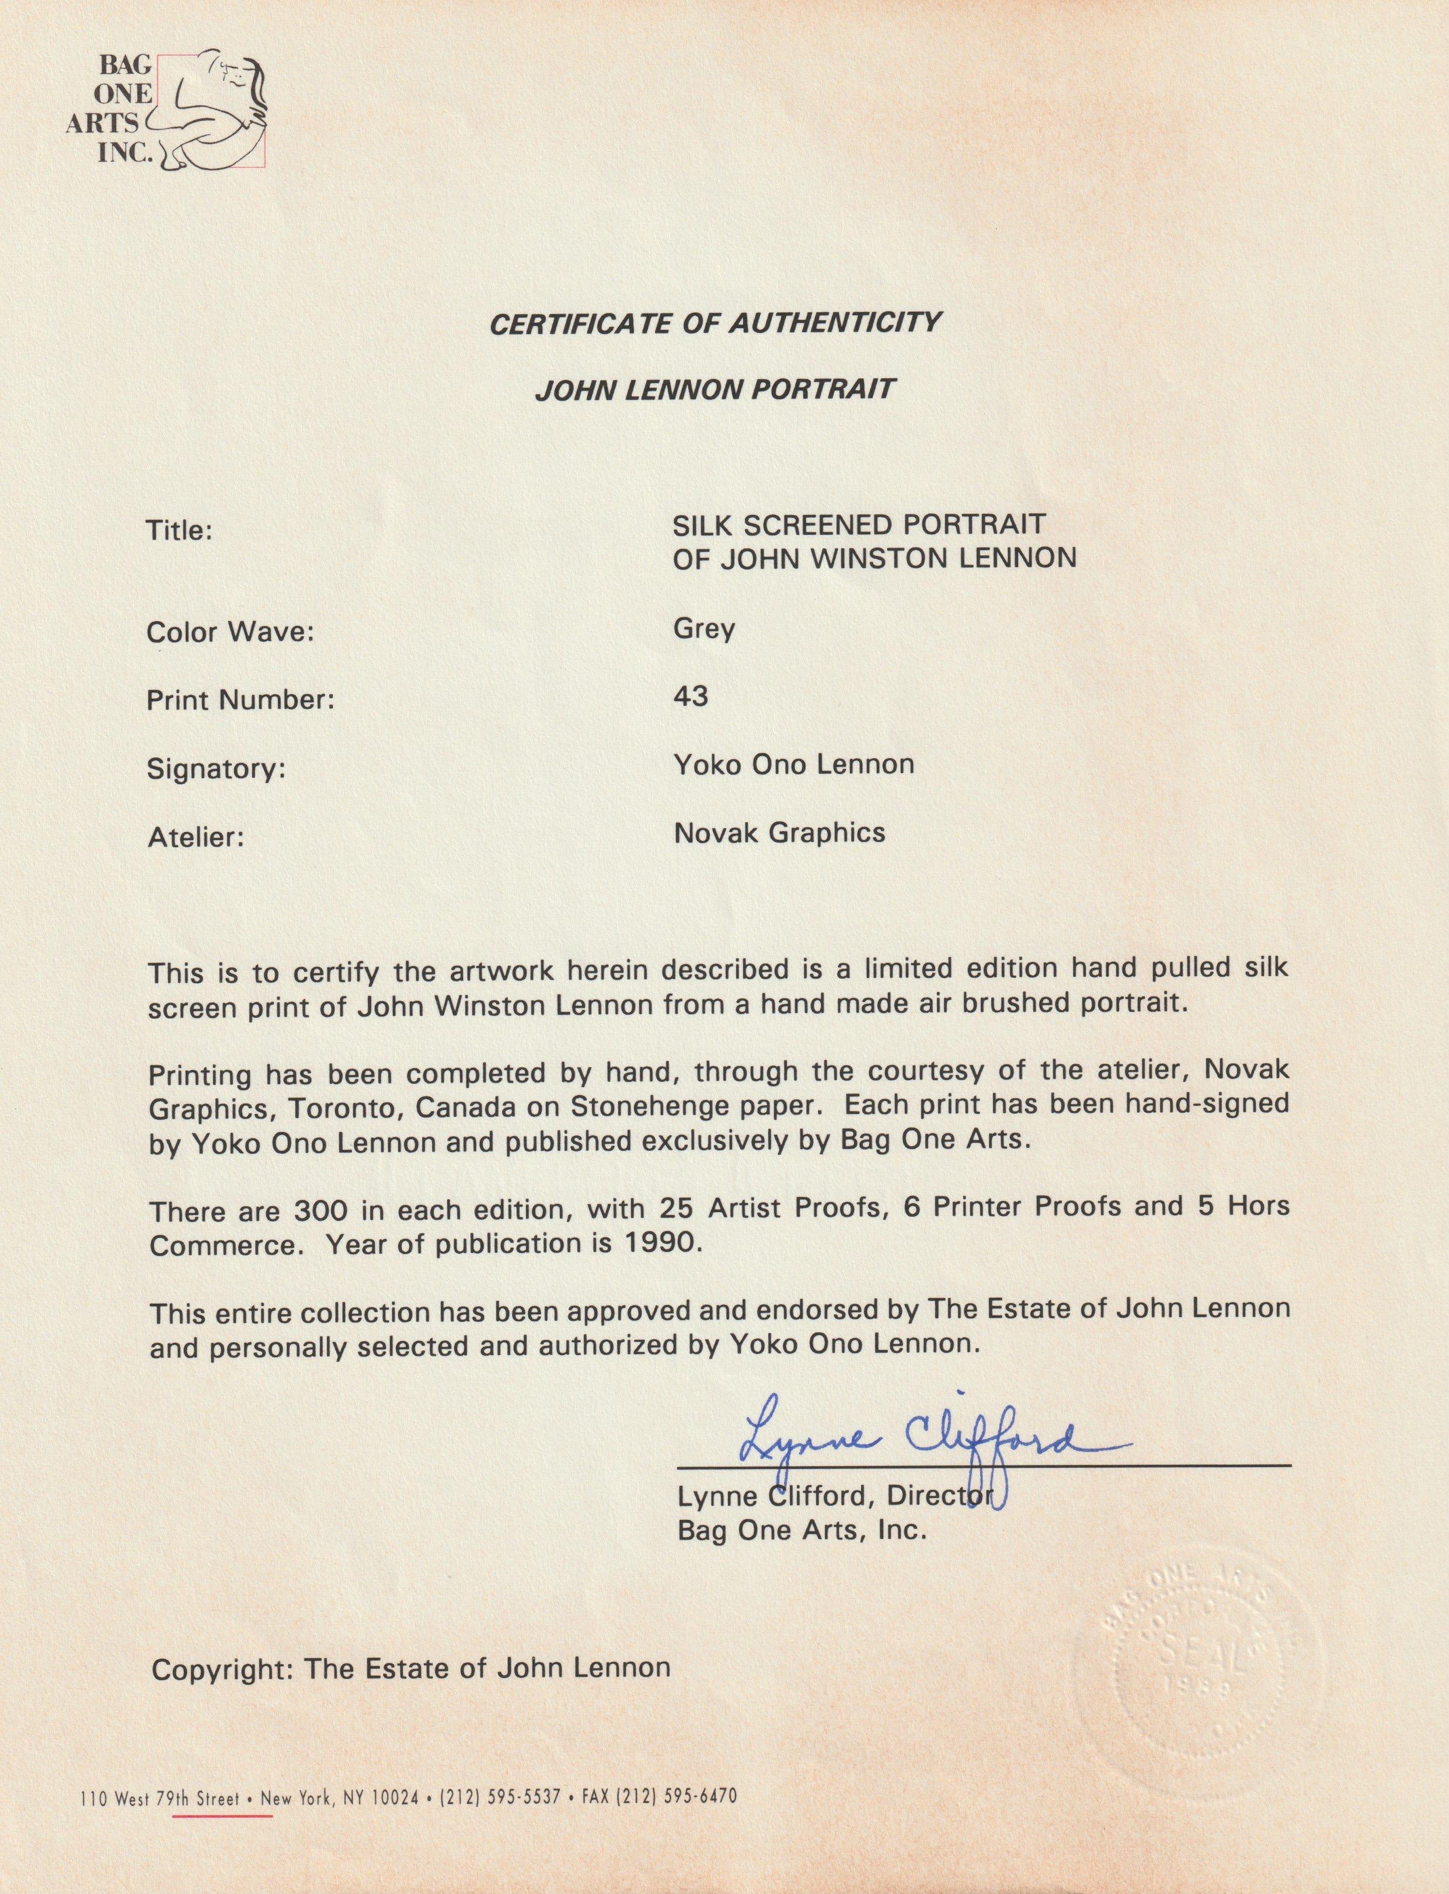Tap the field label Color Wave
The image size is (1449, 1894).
point(229,632)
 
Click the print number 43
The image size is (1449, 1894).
point(690,695)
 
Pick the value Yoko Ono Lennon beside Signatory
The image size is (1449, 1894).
point(793,764)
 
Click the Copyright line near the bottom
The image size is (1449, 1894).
point(410,1668)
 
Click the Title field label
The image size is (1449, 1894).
point(179,530)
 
